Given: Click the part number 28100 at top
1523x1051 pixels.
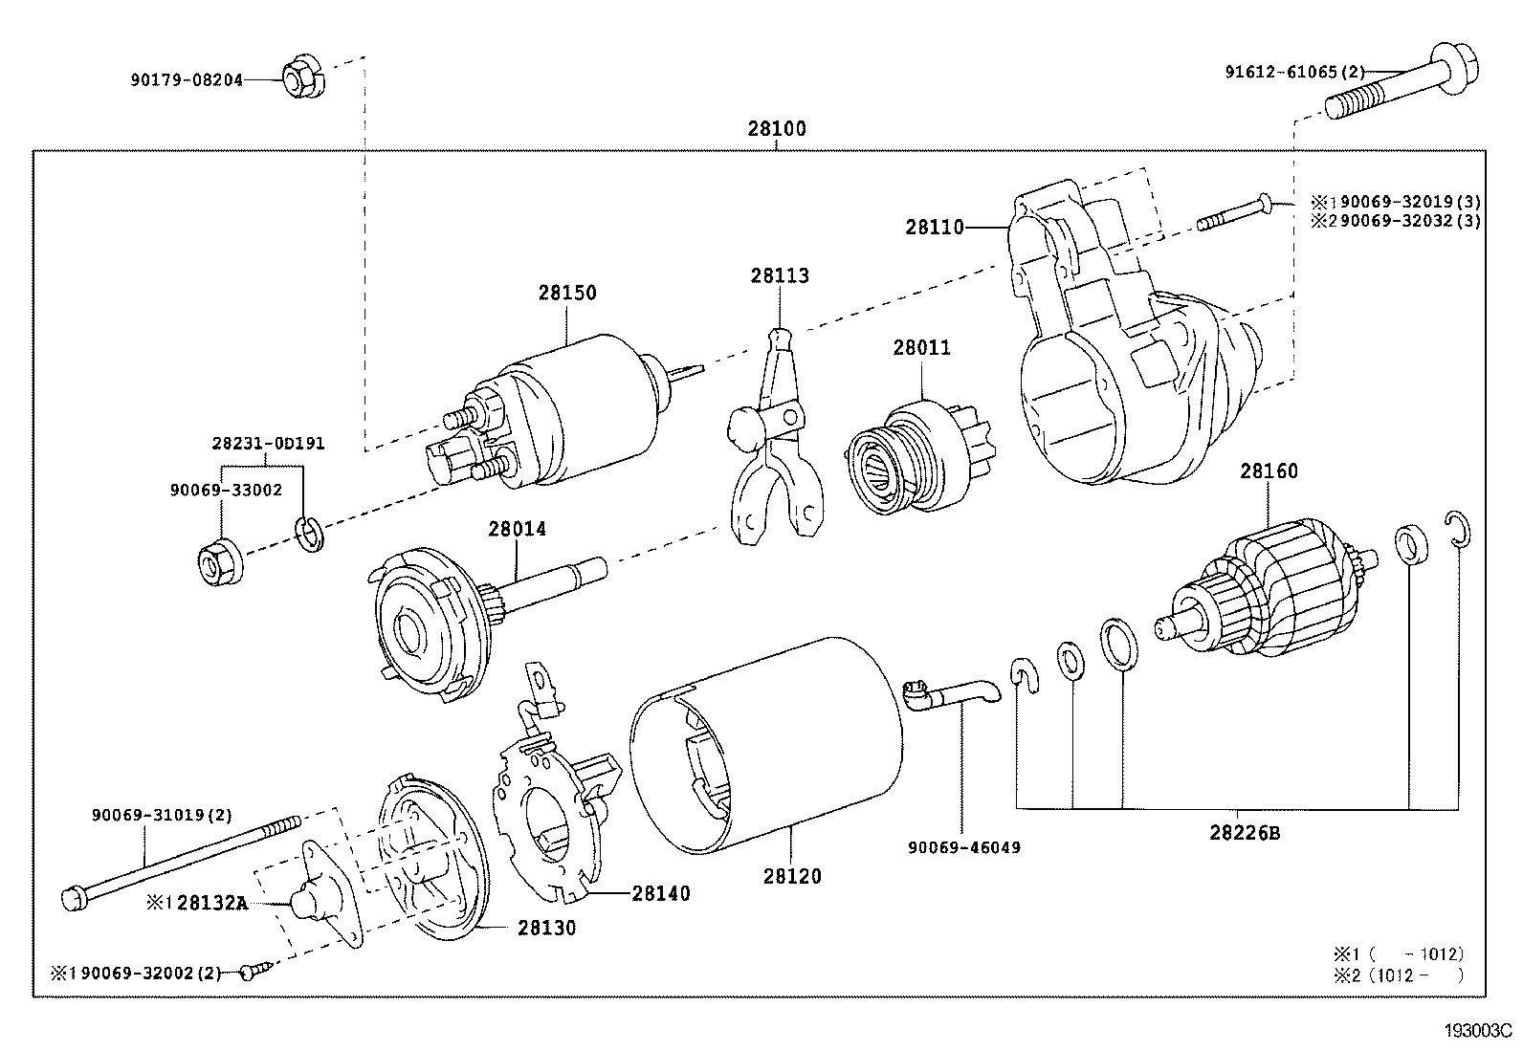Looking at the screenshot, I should point(776,128).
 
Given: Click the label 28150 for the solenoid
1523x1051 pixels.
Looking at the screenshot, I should point(566,293).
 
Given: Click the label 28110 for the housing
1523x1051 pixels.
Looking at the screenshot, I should point(935,228).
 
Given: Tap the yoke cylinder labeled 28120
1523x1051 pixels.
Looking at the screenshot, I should point(765,746).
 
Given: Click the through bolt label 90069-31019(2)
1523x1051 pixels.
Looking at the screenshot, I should point(162,815).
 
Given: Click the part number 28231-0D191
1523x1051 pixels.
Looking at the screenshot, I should point(268,444).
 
